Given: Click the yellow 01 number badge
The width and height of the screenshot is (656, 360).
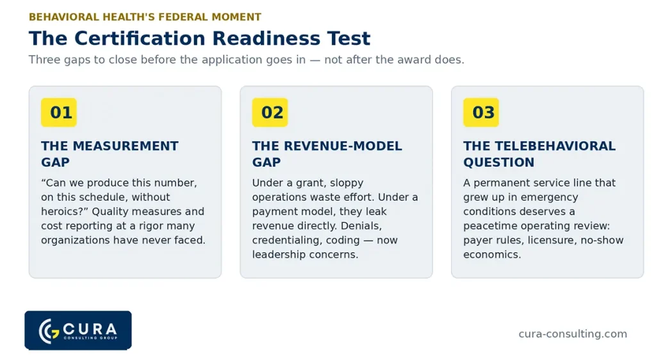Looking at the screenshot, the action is pyautogui.click(x=59, y=113).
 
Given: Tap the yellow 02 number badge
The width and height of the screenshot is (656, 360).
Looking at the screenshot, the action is pyautogui.click(x=270, y=113).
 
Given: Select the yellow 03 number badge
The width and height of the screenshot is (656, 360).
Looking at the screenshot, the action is pyautogui.click(x=481, y=113).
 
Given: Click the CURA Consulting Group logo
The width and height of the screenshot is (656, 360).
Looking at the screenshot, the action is pyautogui.click(x=78, y=331).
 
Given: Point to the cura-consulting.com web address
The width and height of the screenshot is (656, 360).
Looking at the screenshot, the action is pyautogui.click(x=573, y=334).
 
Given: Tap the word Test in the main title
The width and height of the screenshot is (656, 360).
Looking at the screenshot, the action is pyautogui.click(x=349, y=38).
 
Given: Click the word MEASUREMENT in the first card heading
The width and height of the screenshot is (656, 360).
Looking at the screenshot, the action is pyautogui.click(x=126, y=146).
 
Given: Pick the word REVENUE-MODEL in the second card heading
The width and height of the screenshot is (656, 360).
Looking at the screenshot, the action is pyautogui.click(x=343, y=146).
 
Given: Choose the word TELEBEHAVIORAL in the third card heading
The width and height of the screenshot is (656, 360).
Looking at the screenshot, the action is pyautogui.click(x=555, y=146).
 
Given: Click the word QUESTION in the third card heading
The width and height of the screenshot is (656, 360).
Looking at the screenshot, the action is pyautogui.click(x=498, y=162).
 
